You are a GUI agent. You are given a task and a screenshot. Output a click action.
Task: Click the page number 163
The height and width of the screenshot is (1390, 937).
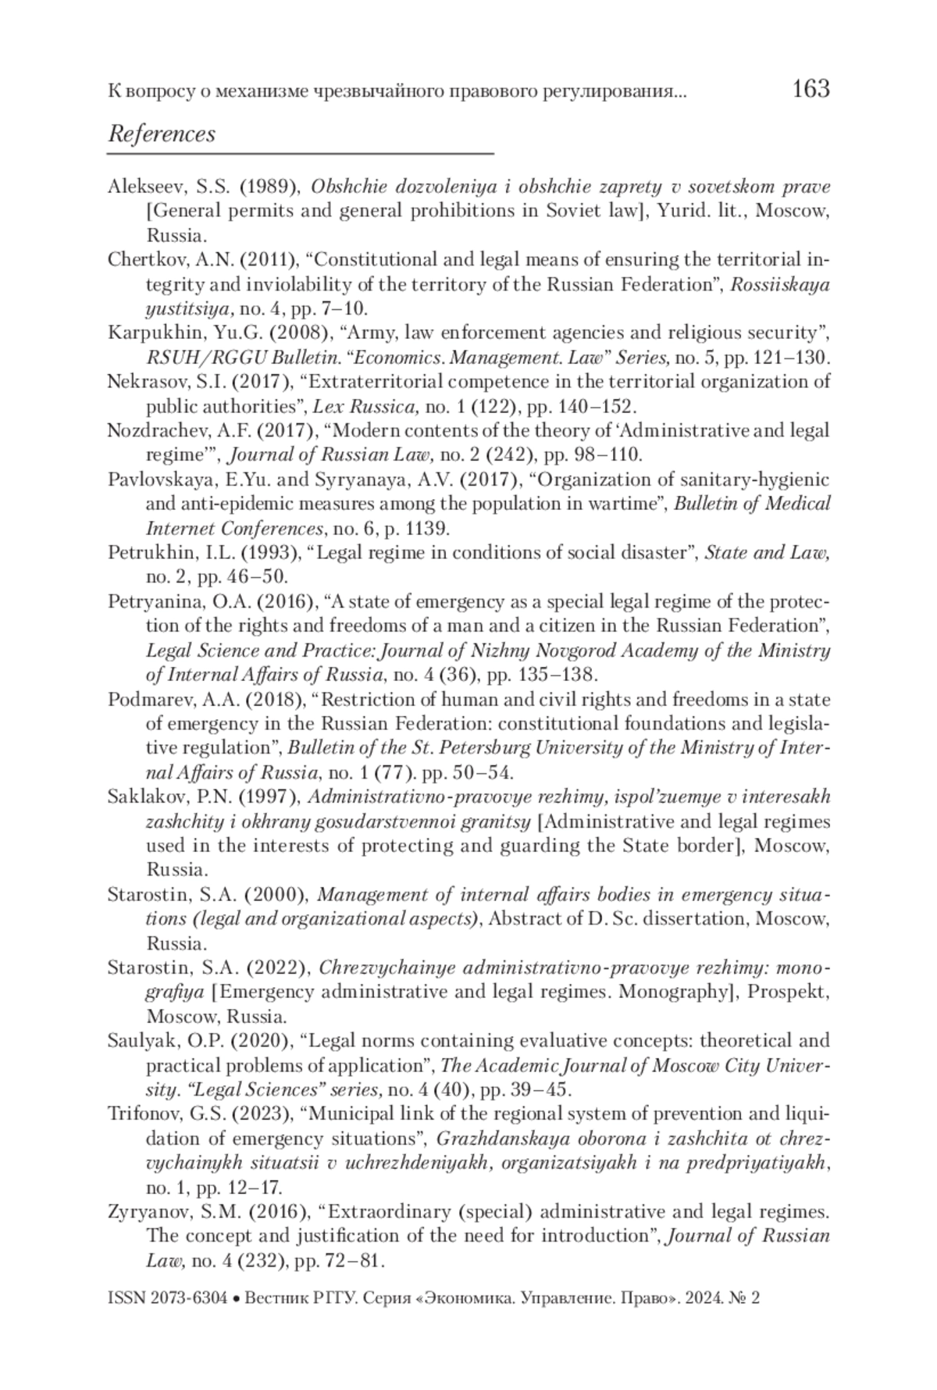pos(810,89)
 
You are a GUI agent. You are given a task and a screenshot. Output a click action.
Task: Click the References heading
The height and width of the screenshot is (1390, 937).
pos(162,134)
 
